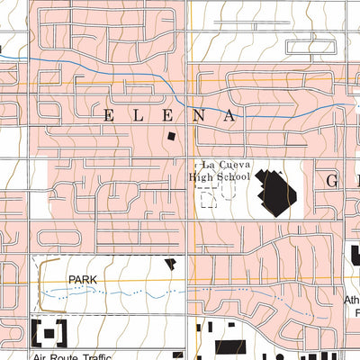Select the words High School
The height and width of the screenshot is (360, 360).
[x=220, y=177]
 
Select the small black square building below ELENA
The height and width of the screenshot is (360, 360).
[x=171, y=136]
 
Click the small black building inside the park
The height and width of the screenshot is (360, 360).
[x=170, y=264]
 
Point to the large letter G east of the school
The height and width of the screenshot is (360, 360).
[x=331, y=181]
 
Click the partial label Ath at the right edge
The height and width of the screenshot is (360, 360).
[x=351, y=301]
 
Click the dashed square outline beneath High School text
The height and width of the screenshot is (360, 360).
[x=209, y=199]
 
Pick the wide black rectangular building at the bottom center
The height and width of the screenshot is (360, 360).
[x=229, y=346]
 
